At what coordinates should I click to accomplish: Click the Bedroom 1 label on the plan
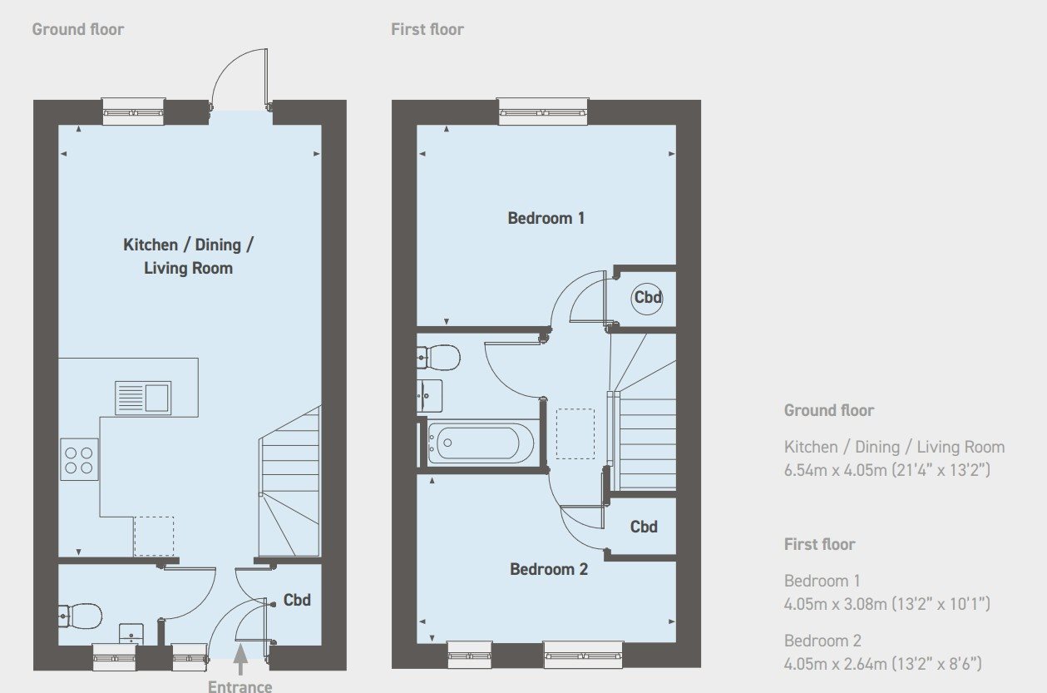[x=546, y=218]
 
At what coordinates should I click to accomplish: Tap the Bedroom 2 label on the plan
[x=549, y=569]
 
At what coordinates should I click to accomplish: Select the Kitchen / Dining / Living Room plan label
[x=189, y=256]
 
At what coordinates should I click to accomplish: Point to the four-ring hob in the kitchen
[x=79, y=459]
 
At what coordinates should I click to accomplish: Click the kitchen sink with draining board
[x=143, y=398]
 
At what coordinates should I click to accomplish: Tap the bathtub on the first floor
[x=481, y=443]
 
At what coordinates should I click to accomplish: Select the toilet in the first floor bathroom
[x=438, y=358]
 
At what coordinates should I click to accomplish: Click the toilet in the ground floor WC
[x=80, y=616]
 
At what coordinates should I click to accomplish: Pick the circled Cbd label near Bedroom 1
[x=647, y=297]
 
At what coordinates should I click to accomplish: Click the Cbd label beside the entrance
[x=297, y=600]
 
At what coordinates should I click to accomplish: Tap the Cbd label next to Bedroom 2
[x=644, y=527]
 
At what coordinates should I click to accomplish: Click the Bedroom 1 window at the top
[x=543, y=111]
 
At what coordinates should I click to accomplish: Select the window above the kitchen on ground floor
[x=133, y=111]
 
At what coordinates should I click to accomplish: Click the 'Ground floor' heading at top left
[x=78, y=29]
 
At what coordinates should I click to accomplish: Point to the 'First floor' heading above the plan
[x=427, y=29]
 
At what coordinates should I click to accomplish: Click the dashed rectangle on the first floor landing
[x=575, y=434]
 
